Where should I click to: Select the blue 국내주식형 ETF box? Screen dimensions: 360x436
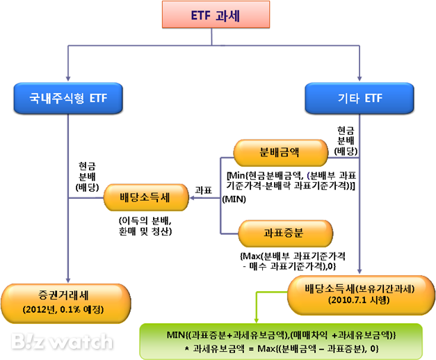[x=67, y=99]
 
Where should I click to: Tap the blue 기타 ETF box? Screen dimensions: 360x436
[x=359, y=99]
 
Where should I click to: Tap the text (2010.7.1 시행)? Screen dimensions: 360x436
[x=359, y=301]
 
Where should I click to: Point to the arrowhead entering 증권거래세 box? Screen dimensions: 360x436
[x=68, y=279]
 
